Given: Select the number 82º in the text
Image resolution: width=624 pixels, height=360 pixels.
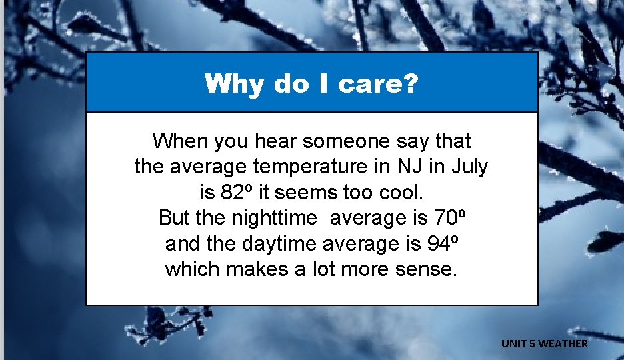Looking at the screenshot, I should click(x=236, y=193).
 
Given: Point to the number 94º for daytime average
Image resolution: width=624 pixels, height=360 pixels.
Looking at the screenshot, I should click(x=442, y=243).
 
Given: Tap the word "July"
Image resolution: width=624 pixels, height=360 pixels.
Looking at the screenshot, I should click(x=469, y=167).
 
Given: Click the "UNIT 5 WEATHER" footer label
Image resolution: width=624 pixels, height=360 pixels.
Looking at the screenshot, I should click(x=545, y=343).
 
